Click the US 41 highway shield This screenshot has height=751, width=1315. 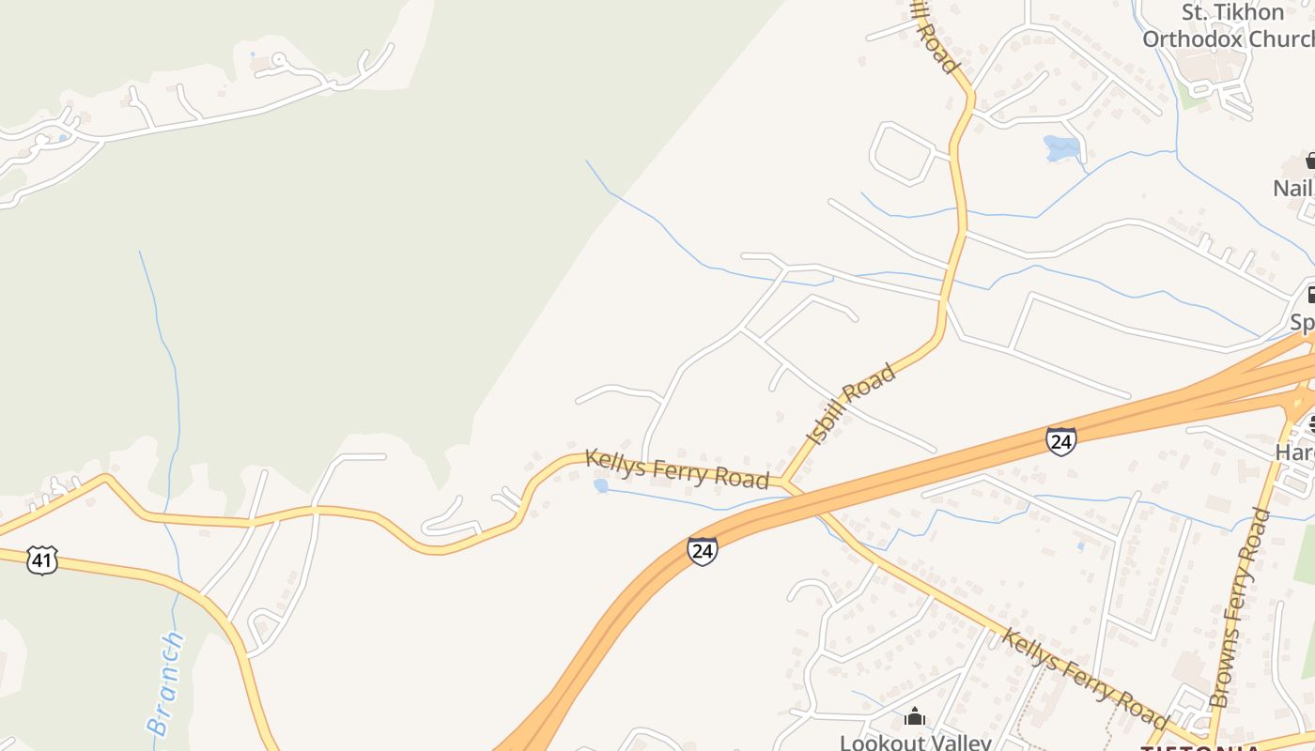click(x=41, y=560)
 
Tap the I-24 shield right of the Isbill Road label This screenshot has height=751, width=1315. click(x=1060, y=440)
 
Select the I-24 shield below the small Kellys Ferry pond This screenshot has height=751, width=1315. click(x=702, y=550)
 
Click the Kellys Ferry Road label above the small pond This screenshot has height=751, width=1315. click(x=676, y=468)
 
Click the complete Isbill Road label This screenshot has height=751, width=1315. click(x=851, y=404)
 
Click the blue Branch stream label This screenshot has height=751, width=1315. click(x=165, y=682)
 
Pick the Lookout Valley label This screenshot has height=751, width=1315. click(x=915, y=742)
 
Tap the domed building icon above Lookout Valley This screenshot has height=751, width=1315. click(x=915, y=718)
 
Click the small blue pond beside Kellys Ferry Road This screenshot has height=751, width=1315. click(x=600, y=485)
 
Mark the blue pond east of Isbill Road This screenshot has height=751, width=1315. click(x=1061, y=147)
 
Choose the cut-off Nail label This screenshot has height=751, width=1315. click(x=1292, y=188)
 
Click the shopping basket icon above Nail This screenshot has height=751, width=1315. click(x=1309, y=161)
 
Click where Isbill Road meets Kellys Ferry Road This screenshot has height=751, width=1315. click(x=784, y=483)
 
